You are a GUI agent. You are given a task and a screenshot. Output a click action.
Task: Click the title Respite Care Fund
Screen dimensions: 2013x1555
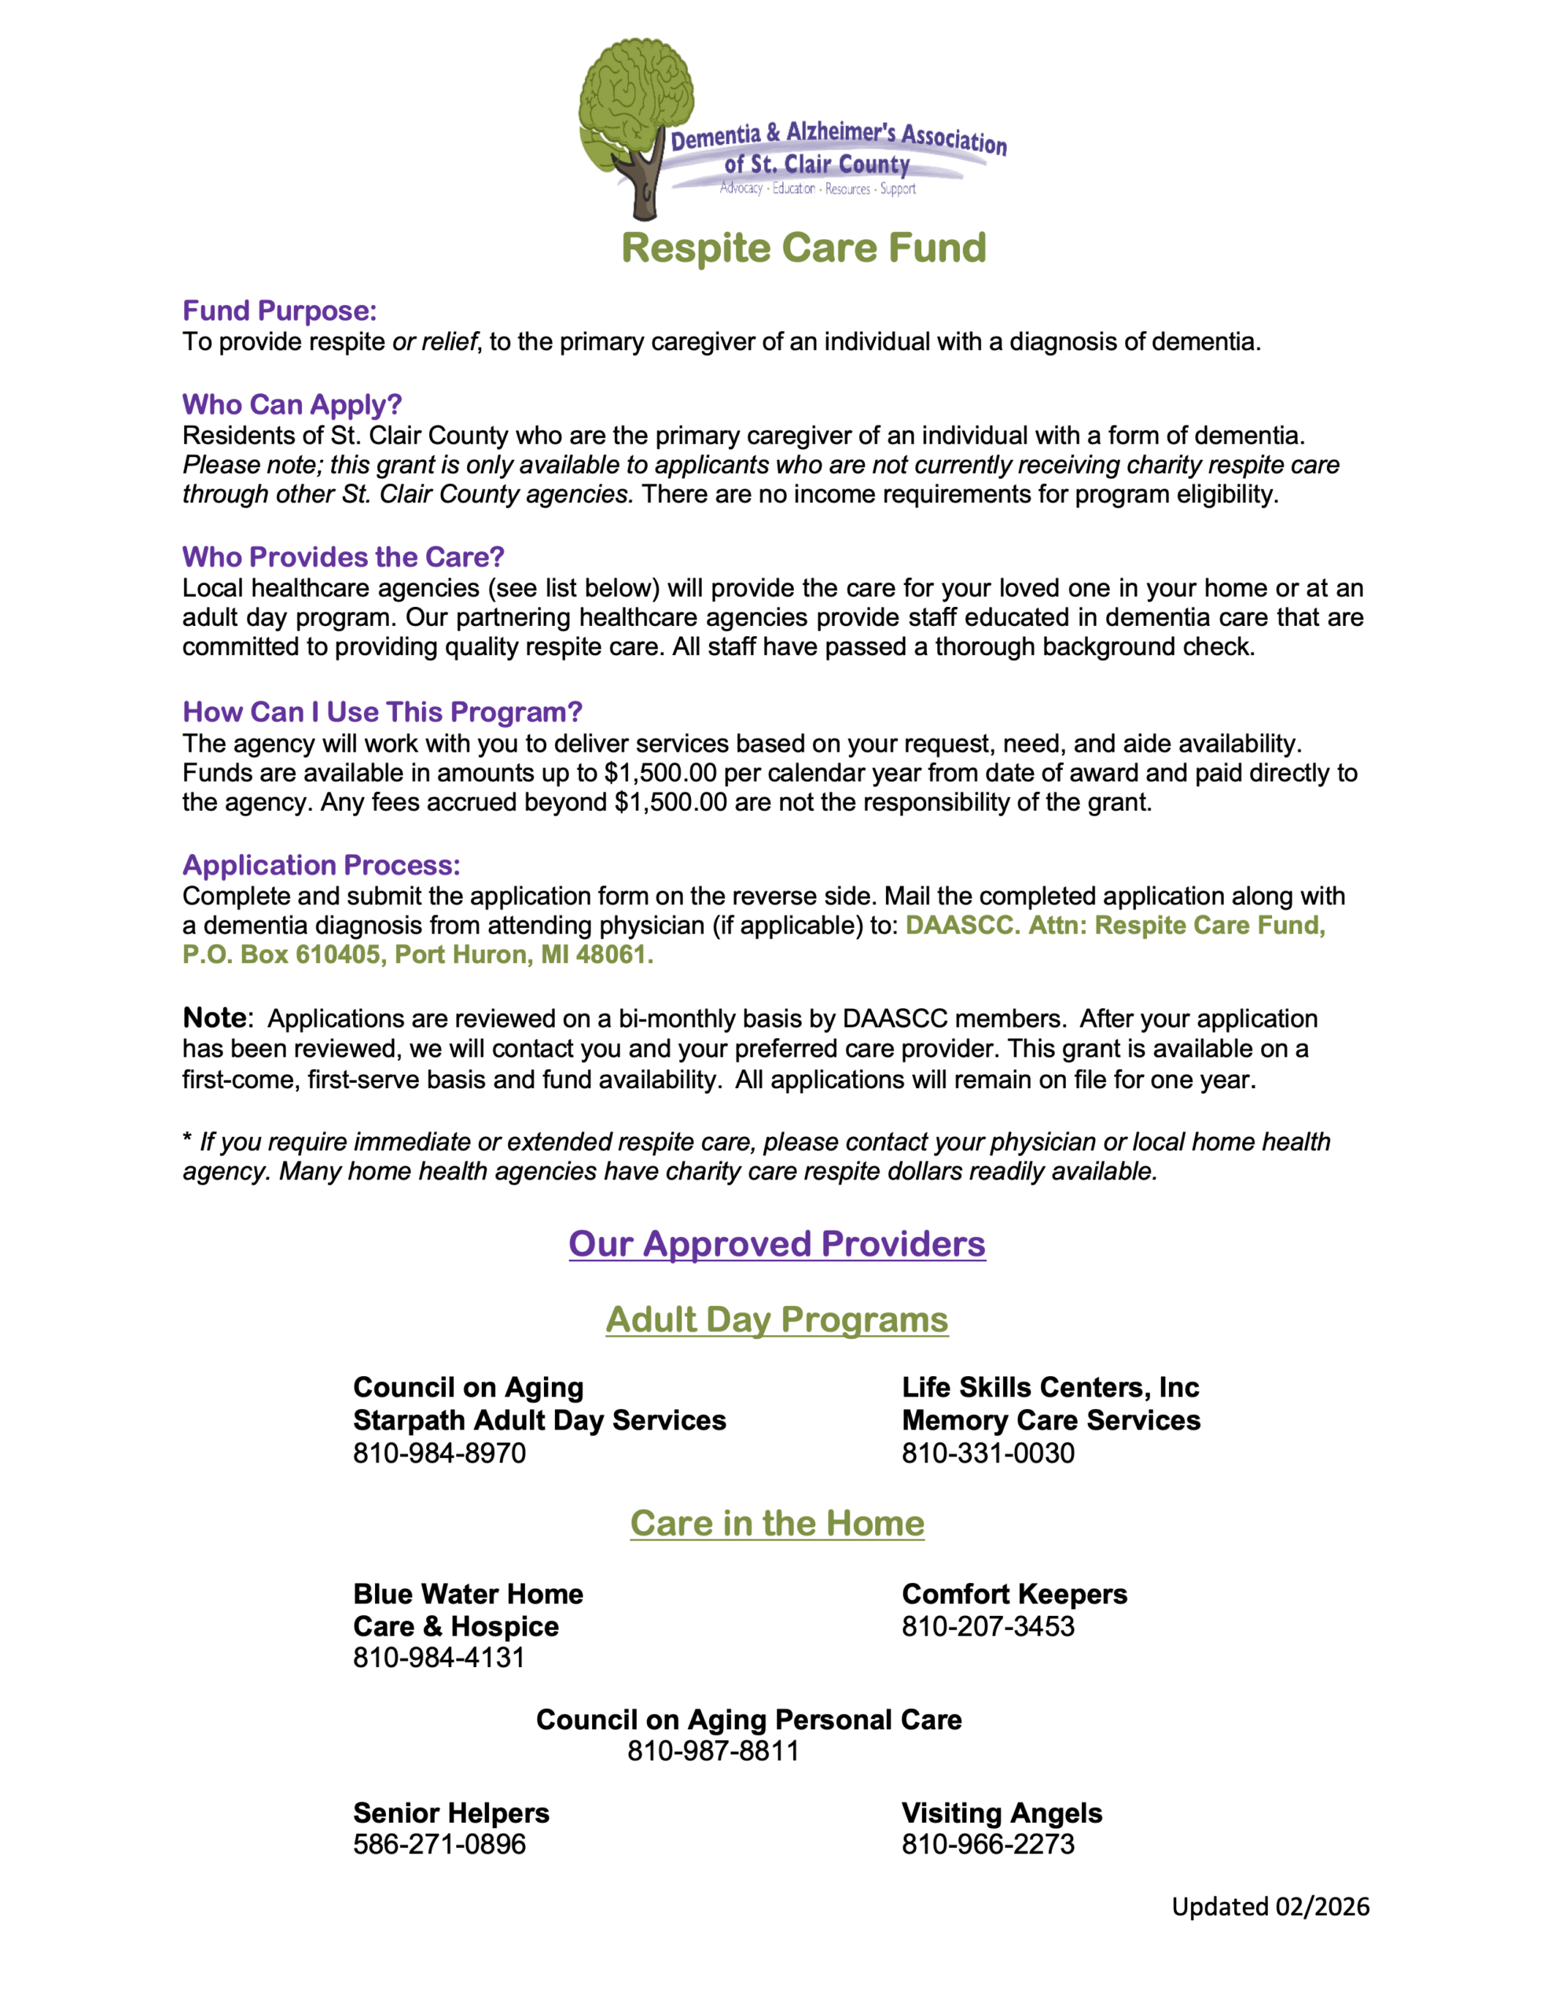[803, 248]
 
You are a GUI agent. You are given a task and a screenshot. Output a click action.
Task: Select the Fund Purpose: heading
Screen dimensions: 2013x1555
[279, 311]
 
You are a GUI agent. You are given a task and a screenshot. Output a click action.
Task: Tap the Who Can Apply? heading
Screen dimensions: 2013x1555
[292, 405]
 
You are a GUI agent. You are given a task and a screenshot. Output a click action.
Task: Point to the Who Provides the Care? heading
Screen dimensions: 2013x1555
[343, 557]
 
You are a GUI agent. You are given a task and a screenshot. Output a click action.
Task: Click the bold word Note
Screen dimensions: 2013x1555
[214, 1018]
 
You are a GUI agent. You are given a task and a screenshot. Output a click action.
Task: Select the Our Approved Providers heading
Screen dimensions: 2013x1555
[776, 1243]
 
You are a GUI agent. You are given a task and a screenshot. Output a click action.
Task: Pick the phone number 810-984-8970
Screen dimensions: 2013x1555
[439, 1452]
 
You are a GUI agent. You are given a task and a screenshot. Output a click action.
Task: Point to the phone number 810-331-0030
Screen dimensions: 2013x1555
[987, 1452]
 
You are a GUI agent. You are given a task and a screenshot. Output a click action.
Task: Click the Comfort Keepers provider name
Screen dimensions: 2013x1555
[1014, 1594]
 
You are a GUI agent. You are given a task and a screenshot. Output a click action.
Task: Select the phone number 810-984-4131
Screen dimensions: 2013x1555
[439, 1658]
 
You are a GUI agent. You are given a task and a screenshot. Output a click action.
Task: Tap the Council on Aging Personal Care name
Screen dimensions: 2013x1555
[748, 1719]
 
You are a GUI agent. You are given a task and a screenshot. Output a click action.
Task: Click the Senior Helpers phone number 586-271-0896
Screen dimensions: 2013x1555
[439, 1843]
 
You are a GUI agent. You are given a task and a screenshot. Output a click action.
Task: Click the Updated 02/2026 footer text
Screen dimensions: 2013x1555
[1270, 1906]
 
